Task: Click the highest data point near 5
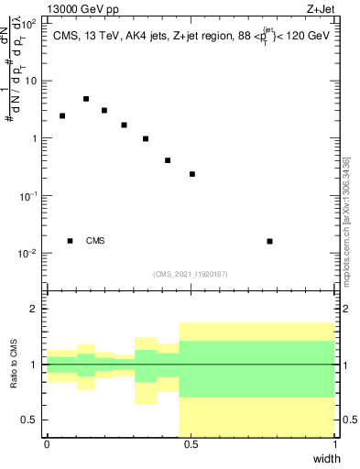[86, 99]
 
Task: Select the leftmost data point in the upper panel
[62, 116]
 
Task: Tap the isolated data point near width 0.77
[269, 241]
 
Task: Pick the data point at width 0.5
[192, 174]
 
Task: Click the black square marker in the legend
[71, 241]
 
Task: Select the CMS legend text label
[95, 241]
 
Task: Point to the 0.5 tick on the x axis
[191, 444]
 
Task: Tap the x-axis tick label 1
[336, 444]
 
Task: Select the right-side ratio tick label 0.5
[348, 420]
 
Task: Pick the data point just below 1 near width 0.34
[146, 139]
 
